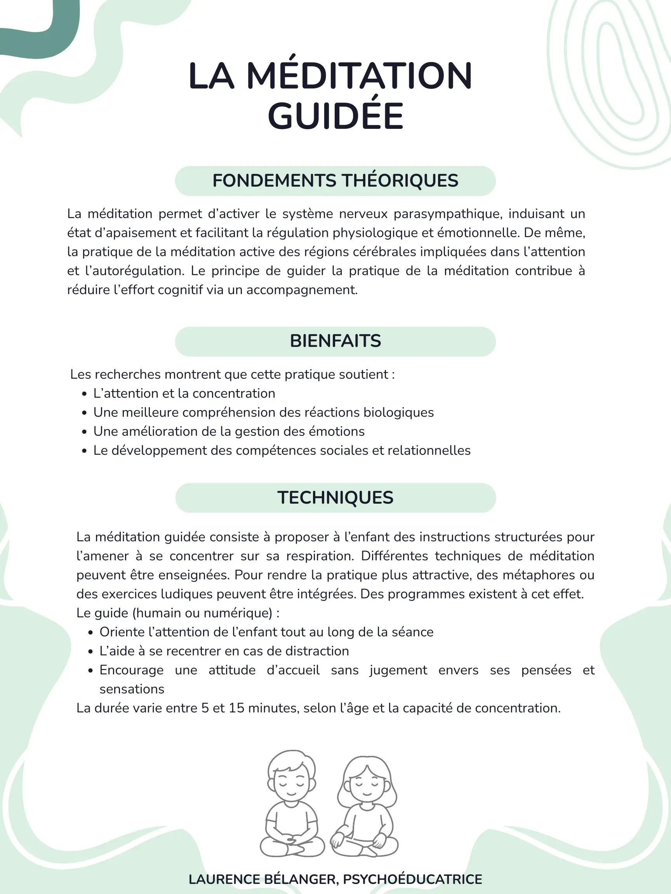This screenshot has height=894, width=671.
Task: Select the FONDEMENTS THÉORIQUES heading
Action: click(335, 181)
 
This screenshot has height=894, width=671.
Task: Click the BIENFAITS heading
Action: click(335, 341)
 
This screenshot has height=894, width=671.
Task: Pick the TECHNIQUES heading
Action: click(335, 497)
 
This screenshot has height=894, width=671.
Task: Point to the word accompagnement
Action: click(302, 290)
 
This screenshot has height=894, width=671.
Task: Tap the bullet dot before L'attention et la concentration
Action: click(84, 394)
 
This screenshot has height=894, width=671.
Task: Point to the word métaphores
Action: click(541, 575)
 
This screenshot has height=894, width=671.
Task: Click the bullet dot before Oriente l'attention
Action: click(90, 632)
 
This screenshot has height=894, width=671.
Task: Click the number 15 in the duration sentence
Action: click(236, 708)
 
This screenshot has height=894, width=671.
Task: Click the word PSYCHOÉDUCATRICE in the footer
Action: click(412, 880)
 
